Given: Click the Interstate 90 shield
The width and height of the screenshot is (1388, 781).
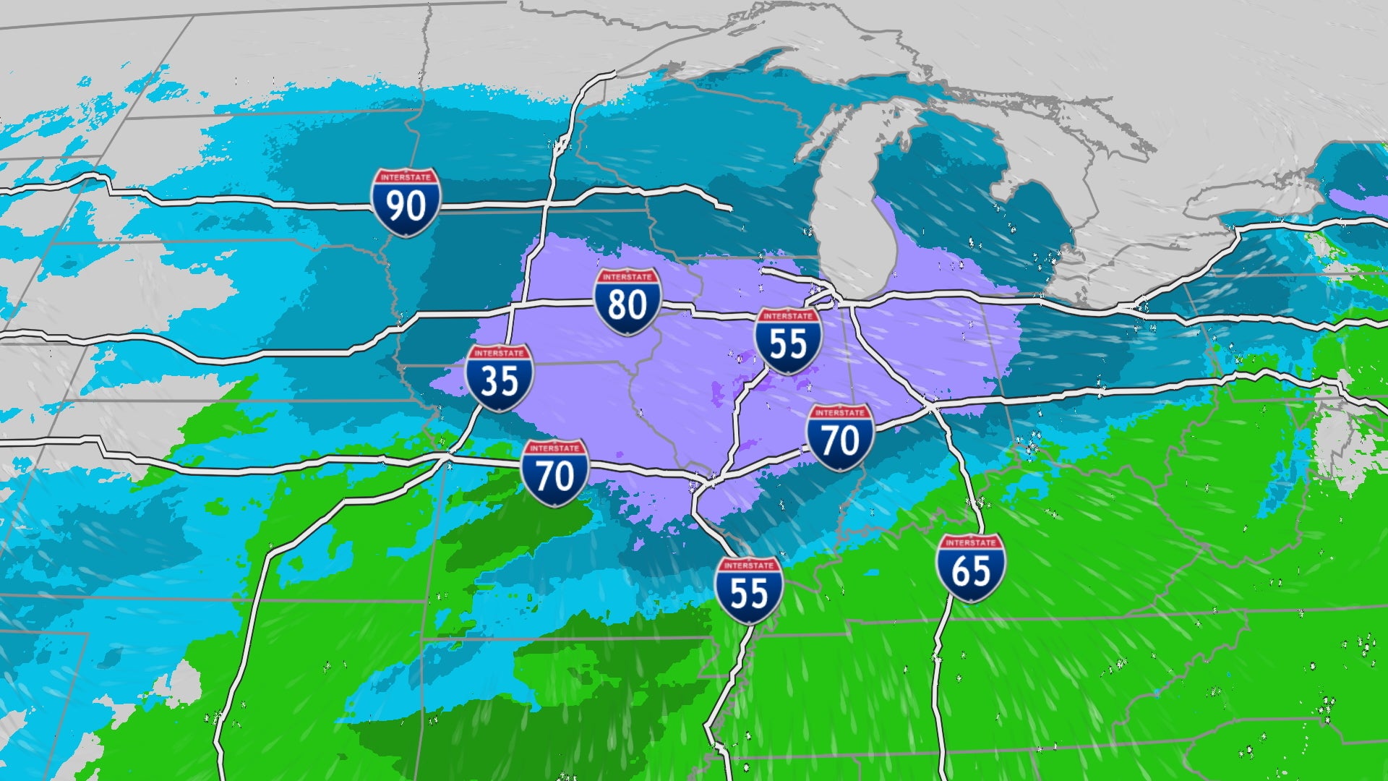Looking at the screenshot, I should [x=406, y=203].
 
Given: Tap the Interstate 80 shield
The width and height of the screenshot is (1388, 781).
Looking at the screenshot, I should [x=627, y=302].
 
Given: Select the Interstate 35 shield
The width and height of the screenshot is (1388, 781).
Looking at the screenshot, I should [x=500, y=378].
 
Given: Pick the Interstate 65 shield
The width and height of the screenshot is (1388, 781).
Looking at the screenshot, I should [x=970, y=569].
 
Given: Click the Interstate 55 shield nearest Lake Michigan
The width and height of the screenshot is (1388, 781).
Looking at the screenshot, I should [x=787, y=341].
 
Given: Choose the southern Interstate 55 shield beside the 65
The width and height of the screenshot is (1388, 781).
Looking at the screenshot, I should [x=748, y=591].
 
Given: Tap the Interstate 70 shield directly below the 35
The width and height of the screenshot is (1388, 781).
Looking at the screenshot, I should [x=554, y=474].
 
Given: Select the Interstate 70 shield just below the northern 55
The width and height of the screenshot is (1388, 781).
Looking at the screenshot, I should [x=840, y=438].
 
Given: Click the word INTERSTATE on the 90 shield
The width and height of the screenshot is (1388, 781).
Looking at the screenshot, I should [x=406, y=177].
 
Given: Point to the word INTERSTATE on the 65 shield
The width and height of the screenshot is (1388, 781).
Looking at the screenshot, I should [x=970, y=542].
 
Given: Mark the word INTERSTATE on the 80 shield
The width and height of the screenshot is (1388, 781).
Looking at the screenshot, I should [x=627, y=277].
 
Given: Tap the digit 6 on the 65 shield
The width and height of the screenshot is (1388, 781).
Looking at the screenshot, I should [x=960, y=572].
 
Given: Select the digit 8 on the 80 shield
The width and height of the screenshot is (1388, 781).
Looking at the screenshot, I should [x=617, y=305].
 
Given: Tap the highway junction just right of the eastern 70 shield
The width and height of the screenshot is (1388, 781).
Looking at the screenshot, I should [x=931, y=406].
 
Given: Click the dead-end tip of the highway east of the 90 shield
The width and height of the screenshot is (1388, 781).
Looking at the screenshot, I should [x=730, y=209].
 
